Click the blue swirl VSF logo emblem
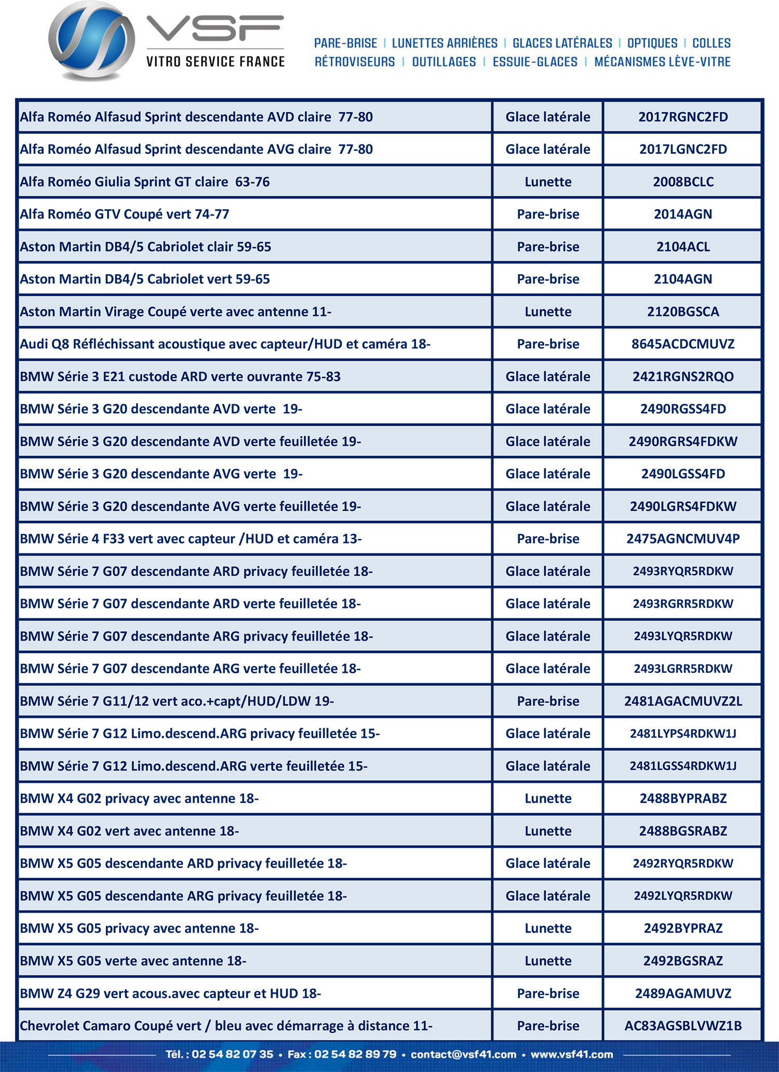(x=91, y=40)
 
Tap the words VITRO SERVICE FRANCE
(x=216, y=62)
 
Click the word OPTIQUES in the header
(x=652, y=43)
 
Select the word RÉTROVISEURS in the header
(x=355, y=62)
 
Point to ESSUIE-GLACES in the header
(x=535, y=62)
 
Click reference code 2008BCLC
(x=683, y=182)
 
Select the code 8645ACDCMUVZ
(x=683, y=344)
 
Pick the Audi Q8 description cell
(x=225, y=344)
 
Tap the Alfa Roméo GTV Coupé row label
(x=125, y=214)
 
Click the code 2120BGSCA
(x=683, y=311)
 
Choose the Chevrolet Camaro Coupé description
(x=226, y=1026)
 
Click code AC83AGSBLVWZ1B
(x=683, y=1026)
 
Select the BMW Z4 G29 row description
(x=170, y=993)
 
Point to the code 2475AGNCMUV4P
(x=683, y=538)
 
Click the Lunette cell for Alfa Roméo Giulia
(x=548, y=182)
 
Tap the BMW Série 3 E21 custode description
(x=180, y=376)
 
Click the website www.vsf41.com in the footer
(x=572, y=1054)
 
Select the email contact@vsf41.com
(x=463, y=1054)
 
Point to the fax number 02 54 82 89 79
(x=355, y=1054)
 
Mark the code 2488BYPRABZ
(x=683, y=798)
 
